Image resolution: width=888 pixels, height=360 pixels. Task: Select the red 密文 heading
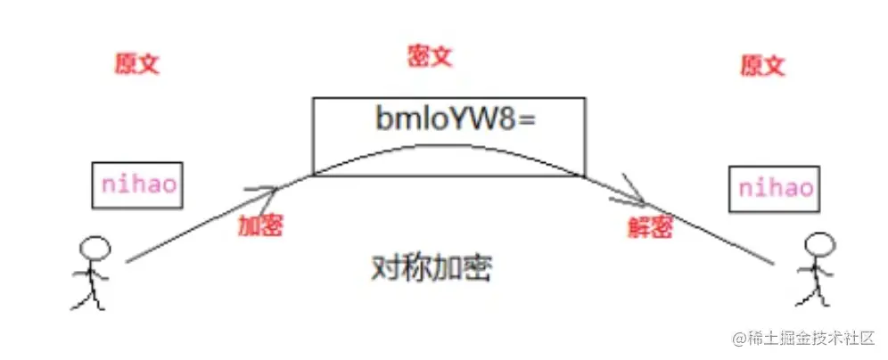pyautogui.click(x=430, y=57)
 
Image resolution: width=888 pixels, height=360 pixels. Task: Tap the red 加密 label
pyautogui.click(x=260, y=225)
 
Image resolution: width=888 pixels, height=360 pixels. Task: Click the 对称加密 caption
pyautogui.click(x=431, y=268)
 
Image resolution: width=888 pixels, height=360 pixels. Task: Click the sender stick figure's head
pyautogui.click(x=93, y=247)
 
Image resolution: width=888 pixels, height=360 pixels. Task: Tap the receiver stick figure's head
pyautogui.click(x=818, y=242)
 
